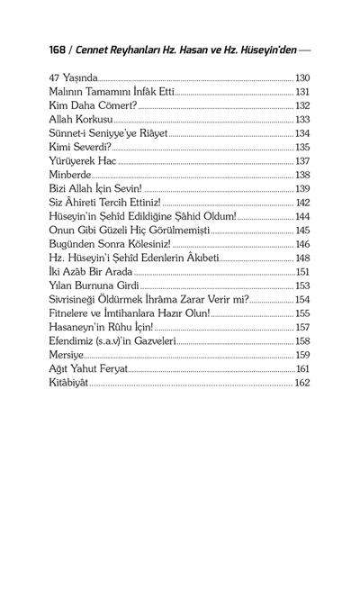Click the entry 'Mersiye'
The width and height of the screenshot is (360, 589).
pos(70,355)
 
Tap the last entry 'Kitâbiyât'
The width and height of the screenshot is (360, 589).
pos(73,383)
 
